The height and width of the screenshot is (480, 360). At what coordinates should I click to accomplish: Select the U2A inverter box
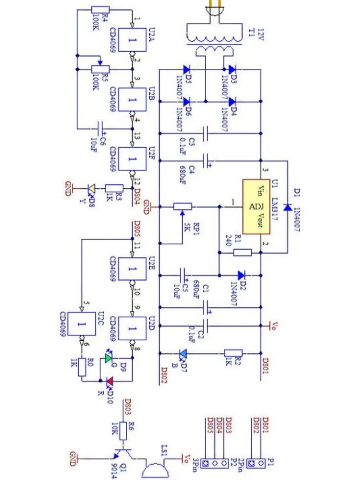(x=132, y=40)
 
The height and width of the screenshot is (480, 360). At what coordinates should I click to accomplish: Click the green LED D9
(x=108, y=358)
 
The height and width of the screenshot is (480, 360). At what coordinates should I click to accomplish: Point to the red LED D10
(x=109, y=381)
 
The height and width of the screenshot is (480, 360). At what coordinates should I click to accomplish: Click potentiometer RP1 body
(x=182, y=207)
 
